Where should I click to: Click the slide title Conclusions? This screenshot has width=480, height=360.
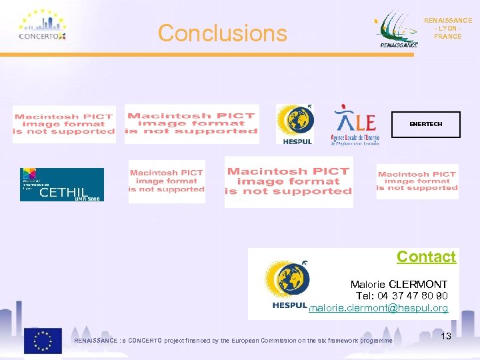tap(222, 33)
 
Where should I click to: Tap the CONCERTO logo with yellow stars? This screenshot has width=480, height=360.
tap(42, 27)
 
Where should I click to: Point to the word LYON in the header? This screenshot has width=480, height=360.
tap(447, 29)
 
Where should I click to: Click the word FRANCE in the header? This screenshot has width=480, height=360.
tap(447, 37)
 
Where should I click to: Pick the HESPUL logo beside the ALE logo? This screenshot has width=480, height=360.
tap(295, 123)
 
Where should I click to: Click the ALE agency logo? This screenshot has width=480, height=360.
tap(356, 124)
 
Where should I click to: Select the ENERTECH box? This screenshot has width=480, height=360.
tap(425, 124)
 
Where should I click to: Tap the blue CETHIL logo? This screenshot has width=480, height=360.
tap(62, 184)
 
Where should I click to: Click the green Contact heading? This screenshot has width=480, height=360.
tap(426, 257)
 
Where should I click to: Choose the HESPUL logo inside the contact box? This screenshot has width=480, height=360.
tap(286, 285)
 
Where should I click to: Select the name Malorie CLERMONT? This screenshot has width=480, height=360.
tap(399, 285)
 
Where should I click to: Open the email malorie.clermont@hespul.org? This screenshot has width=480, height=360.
tap(379, 308)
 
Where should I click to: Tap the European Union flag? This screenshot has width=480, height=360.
tap(43, 340)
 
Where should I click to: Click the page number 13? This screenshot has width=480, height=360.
tap(446, 336)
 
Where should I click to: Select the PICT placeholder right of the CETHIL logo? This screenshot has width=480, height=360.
tap(167, 181)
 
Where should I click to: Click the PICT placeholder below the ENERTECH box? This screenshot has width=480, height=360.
tap(417, 182)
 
